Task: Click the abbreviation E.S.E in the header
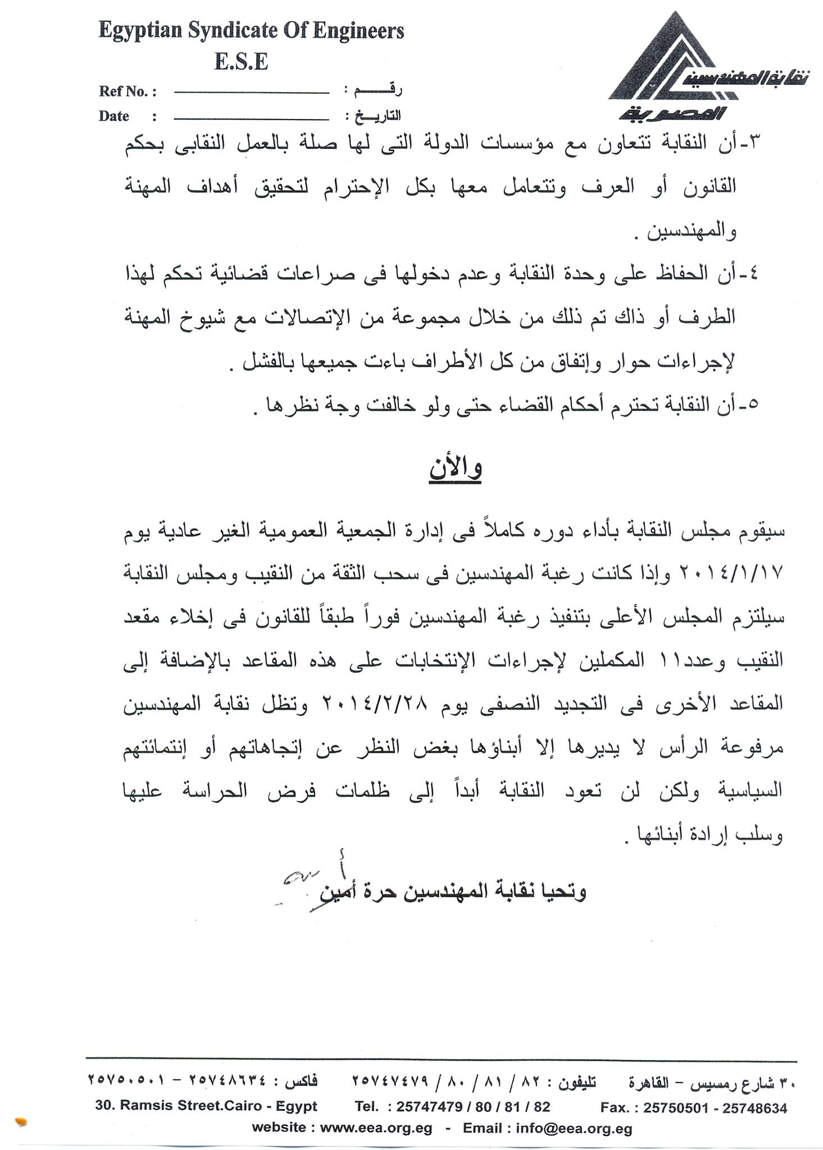241,62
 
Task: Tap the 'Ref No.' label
127,92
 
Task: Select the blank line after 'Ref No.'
251,92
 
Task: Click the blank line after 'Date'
251,118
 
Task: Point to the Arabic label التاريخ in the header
373,117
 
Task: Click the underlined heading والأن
456,469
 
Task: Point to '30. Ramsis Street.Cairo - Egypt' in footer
206,1106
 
